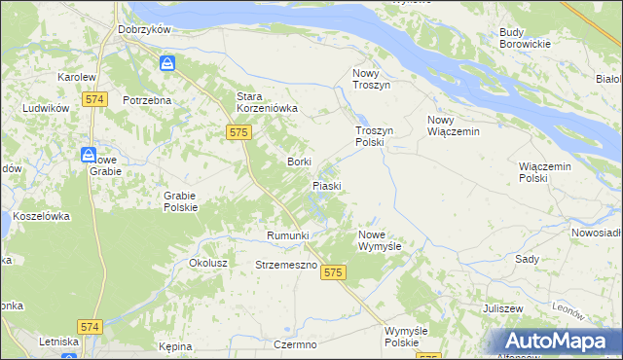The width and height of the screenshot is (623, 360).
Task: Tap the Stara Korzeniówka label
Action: pos(267,102)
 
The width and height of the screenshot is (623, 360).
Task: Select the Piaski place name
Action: pos(325,185)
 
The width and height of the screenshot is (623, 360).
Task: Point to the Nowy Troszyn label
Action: pos(371,80)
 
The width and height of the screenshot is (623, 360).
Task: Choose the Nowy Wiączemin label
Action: pos(454,126)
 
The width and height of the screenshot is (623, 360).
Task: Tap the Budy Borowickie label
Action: pos(525,38)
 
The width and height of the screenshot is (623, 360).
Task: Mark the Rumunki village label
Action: pos(287,235)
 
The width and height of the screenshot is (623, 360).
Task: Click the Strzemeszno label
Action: pos(286,265)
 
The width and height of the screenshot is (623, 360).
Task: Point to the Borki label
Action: pos(299,162)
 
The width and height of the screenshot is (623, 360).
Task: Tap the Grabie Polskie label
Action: pos(180,200)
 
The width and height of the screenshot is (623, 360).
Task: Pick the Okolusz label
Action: pos(208,263)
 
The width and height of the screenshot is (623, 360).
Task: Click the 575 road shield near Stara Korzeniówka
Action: pos(239,131)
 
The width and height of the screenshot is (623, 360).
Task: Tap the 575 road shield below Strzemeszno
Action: pos(333,273)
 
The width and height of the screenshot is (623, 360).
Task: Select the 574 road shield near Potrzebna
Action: pos(94,99)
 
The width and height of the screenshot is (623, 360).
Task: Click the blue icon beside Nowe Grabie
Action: pos(89,155)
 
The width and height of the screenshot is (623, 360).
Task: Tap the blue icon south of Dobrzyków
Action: pos(167,64)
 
